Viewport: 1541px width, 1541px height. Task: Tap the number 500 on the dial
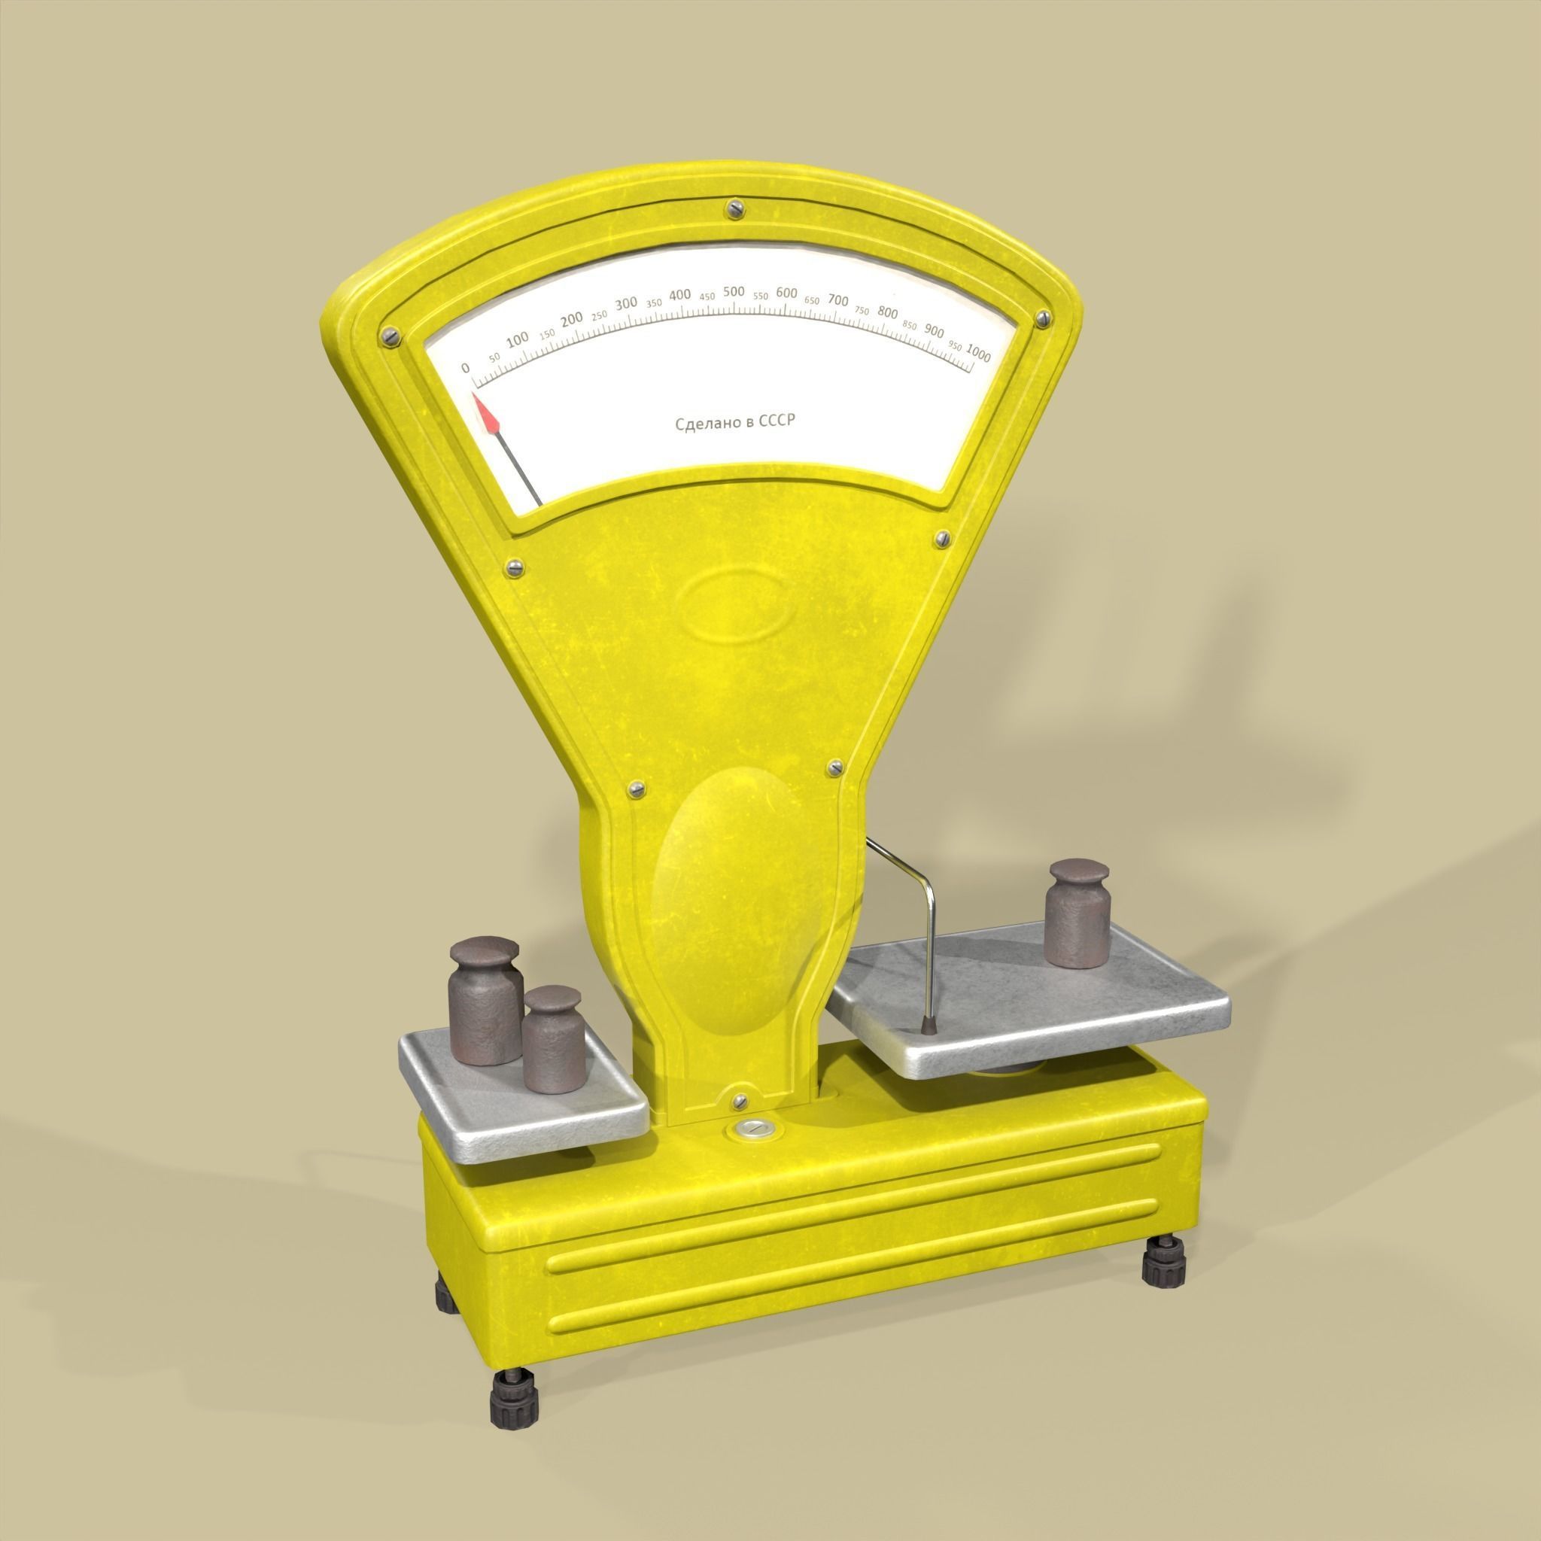coord(734,291)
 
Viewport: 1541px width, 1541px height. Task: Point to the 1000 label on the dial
coord(978,354)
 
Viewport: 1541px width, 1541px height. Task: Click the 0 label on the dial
coord(466,368)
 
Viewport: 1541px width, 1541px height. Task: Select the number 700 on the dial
coord(837,300)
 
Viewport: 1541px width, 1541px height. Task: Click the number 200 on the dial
coord(571,320)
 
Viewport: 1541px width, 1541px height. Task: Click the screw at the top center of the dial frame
coord(734,210)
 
